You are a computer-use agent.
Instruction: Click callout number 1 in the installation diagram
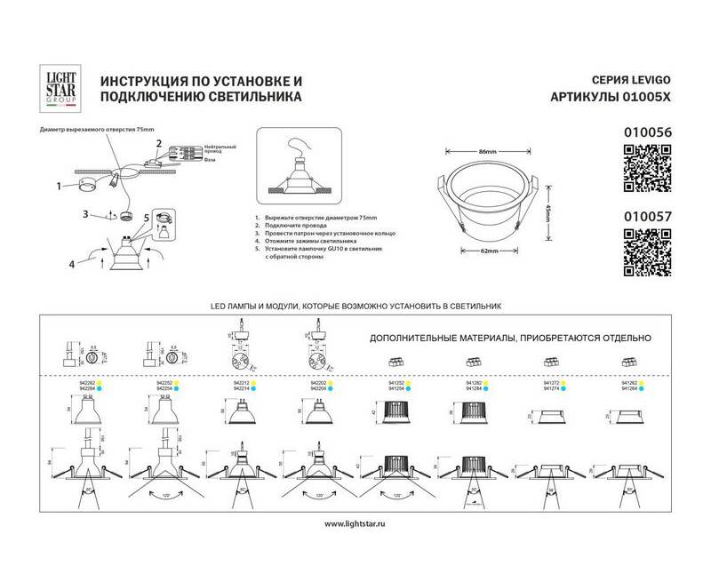[58, 187]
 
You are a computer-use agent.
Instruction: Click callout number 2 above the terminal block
[159, 143]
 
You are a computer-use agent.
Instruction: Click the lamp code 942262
[86, 383]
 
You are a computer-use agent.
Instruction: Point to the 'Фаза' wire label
[209, 160]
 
